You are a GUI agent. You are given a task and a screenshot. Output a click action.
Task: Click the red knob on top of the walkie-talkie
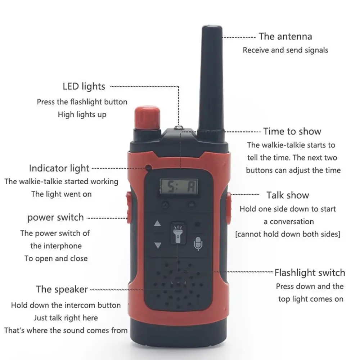pyautogui.click(x=147, y=117)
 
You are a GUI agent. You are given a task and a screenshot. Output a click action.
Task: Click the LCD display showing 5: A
pyautogui.click(x=179, y=187)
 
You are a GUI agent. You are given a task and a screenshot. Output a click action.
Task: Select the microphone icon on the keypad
pyautogui.click(x=198, y=244)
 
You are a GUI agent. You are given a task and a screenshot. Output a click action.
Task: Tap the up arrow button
pyautogui.click(x=157, y=224)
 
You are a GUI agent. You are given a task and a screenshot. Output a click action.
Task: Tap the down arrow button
pyautogui.click(x=157, y=246)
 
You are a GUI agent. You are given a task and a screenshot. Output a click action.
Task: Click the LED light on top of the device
pyautogui.click(x=179, y=127)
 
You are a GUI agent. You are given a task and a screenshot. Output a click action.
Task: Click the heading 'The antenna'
pyautogui.click(x=285, y=36)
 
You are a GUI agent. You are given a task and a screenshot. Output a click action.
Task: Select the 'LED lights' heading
pyautogui.click(x=84, y=86)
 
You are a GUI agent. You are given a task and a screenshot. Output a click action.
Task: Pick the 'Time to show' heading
pyautogui.click(x=292, y=131)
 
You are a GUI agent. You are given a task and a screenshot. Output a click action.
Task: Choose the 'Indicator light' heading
pyautogui.click(x=59, y=168)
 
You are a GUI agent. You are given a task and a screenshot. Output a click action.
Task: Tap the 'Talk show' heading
pyautogui.click(x=288, y=195)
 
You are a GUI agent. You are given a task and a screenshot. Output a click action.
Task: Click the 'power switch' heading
pyautogui.click(x=55, y=217)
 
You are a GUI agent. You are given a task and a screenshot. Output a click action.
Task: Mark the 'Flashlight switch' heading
pyautogui.click(x=310, y=273)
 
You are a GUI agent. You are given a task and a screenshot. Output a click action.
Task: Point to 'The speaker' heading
pyautogui.click(x=62, y=289)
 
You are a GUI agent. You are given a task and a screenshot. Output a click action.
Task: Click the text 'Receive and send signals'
pyautogui.click(x=285, y=50)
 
